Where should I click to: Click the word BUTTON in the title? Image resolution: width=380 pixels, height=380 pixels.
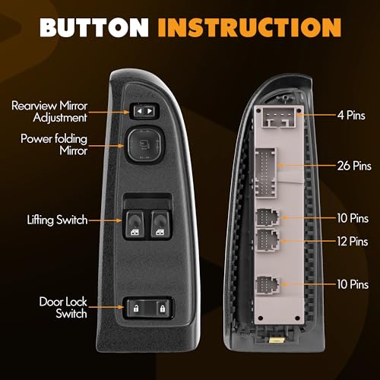[x=94, y=27]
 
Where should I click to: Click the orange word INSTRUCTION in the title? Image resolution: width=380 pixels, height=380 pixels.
[x=249, y=27]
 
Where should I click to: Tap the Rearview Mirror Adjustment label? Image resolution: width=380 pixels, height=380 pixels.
[x=49, y=112]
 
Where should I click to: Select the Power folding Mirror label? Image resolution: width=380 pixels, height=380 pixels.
[x=54, y=144]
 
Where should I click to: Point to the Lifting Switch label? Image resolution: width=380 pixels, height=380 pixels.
[x=57, y=220]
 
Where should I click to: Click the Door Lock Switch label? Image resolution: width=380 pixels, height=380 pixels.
[x=63, y=308]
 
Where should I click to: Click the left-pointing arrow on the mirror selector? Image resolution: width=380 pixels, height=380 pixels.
[x=139, y=111]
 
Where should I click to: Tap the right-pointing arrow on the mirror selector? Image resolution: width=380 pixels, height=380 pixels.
[x=150, y=111]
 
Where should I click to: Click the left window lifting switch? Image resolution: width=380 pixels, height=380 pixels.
[x=135, y=224]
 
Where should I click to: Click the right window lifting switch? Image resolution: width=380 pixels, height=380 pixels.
[x=160, y=224]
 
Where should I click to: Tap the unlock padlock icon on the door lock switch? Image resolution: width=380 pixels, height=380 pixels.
[x=136, y=309]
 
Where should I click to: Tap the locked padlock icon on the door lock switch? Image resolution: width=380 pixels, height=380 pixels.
[x=162, y=309]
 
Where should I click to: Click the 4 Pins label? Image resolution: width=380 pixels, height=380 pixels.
[x=351, y=116]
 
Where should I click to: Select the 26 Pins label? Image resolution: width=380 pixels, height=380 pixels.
[x=354, y=166]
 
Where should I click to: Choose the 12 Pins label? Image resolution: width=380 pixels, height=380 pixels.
[x=353, y=241]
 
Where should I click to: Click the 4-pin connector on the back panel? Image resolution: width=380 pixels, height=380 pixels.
[x=278, y=118]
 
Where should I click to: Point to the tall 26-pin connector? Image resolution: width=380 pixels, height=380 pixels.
[x=265, y=173]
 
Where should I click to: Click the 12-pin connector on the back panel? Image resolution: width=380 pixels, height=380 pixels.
[x=268, y=240]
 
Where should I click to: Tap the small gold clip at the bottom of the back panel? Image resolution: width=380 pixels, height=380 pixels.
[x=277, y=340]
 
